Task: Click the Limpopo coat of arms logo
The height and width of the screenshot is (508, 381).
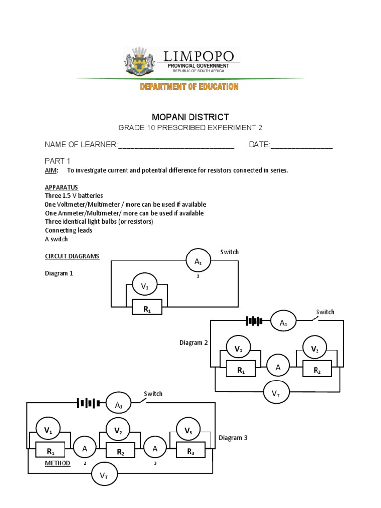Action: (140, 61)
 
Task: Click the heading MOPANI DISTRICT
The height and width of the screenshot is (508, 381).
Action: (190, 117)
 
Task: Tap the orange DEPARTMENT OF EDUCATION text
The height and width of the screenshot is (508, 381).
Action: (189, 87)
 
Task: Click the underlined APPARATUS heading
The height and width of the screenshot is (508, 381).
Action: (62, 188)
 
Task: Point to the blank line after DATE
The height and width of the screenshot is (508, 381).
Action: (301, 145)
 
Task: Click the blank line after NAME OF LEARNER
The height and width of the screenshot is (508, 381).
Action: (176, 145)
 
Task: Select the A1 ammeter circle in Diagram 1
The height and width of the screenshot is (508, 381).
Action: (198, 260)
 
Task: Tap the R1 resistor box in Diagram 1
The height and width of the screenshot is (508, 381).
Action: (147, 309)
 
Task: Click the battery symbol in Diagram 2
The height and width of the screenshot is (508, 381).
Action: (254, 321)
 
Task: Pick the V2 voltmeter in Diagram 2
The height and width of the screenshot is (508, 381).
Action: (315, 349)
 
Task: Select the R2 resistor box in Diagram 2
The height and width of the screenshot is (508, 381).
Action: (317, 370)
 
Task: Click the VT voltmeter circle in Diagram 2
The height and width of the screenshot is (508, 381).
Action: (276, 394)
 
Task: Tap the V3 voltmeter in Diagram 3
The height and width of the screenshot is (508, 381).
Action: (189, 431)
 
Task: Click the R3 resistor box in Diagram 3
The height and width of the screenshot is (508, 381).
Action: (190, 451)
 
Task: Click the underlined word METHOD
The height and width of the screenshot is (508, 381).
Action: (58, 463)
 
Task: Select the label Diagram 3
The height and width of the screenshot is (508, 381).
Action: (233, 438)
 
